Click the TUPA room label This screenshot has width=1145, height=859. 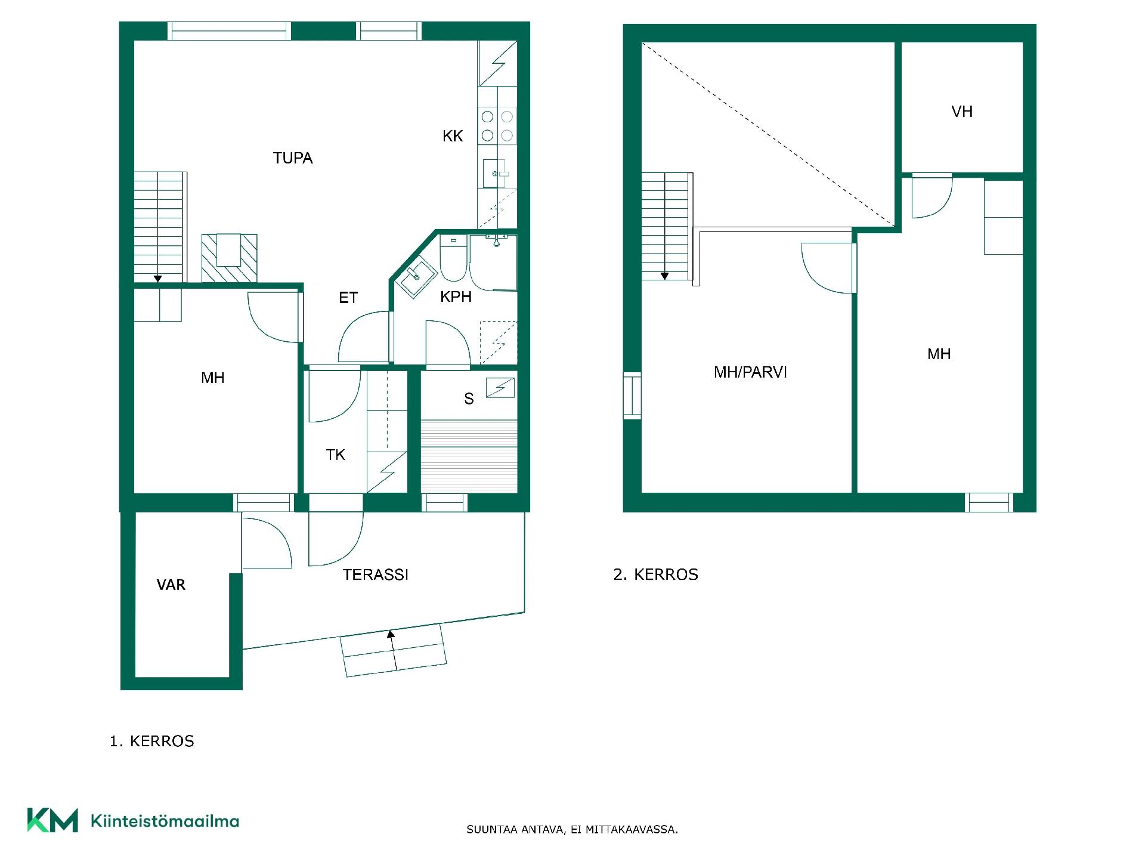pos(293,158)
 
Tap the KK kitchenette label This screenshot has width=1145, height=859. pos(453,136)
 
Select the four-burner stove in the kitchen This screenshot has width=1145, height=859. pos(497,126)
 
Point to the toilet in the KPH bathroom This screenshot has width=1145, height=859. pos(454,259)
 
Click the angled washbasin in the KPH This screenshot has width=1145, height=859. pos(416,277)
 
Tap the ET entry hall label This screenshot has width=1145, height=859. pos(348,298)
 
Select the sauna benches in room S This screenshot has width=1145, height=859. pos(469,456)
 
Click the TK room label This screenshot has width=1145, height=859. pos(336,455)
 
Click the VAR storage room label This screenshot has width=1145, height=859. pos(171,585)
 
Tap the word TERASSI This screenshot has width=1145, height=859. pos(376,574)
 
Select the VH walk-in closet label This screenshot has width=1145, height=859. pos(962,112)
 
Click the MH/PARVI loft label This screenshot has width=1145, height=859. pos(750,372)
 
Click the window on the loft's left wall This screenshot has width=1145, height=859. pos(632,395)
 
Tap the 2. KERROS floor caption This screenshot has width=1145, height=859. pos(655,574)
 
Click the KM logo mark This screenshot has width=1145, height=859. pos(52,820)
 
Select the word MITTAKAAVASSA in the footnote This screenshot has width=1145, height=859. pos(632,830)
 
